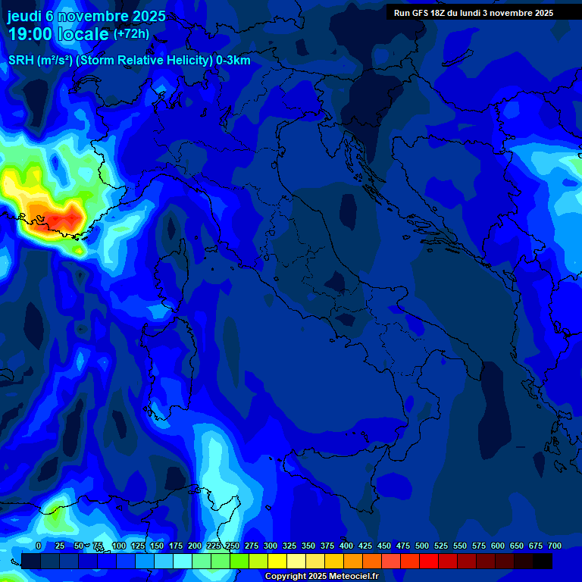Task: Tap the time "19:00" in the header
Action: pyautogui.click(x=30, y=35)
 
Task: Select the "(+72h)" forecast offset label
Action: pyautogui.click(x=131, y=34)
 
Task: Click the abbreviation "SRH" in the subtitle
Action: pyautogui.click(x=21, y=61)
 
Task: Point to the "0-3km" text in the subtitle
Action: pyautogui.click(x=233, y=61)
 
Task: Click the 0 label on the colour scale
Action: pyautogui.click(x=39, y=546)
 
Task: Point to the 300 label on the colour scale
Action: pyautogui.click(x=271, y=546)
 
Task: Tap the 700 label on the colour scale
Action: pyautogui.click(x=555, y=546)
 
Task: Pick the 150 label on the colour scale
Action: pyautogui.click(x=157, y=546)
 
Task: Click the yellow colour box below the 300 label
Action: pyautogui.click(x=277, y=561)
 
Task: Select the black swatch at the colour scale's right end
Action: pyautogui.click(x=543, y=561)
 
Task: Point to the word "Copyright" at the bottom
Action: pyautogui.click(x=285, y=577)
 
